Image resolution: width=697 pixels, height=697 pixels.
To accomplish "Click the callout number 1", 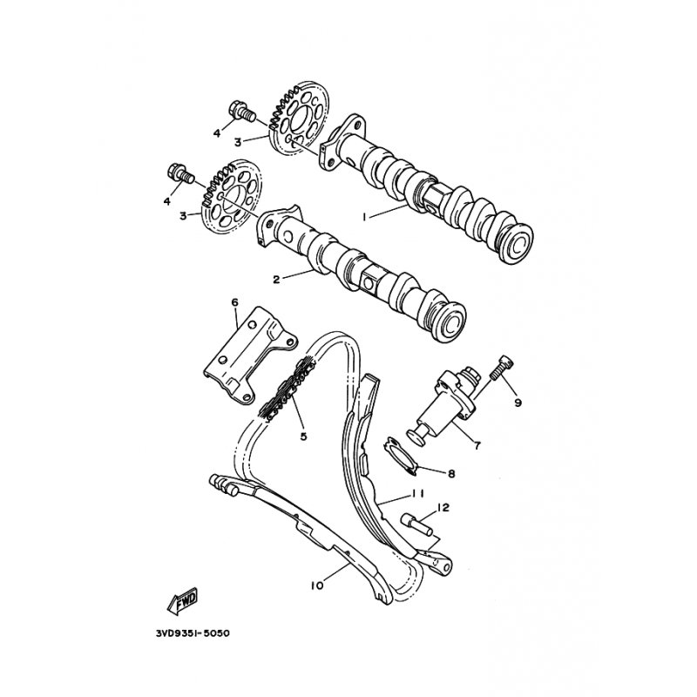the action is [x=364, y=217].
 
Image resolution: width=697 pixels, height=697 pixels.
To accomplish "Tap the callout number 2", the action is [x=276, y=280].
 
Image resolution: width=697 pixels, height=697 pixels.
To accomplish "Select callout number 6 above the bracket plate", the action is [x=234, y=302].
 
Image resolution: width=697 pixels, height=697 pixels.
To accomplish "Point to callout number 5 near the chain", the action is [x=303, y=436].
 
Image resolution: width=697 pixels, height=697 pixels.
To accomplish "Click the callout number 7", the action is [x=477, y=445].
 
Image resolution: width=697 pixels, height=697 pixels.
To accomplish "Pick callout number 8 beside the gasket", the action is [x=451, y=474].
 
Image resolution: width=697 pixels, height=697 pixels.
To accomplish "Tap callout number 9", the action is [x=518, y=403].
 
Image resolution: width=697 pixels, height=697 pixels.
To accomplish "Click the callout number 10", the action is [x=317, y=585].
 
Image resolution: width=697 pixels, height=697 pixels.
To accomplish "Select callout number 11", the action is [x=417, y=493].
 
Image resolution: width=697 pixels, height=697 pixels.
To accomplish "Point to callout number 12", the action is [x=443, y=507].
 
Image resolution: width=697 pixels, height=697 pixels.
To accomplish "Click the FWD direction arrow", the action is [x=182, y=602].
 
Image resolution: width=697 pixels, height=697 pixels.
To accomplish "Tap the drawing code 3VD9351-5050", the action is [x=193, y=633].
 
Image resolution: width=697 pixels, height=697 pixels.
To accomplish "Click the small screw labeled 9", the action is [x=501, y=368].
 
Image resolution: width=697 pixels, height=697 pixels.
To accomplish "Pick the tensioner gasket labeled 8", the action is [x=401, y=456].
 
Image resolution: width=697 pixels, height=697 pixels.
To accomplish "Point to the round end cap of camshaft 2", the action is [x=450, y=319].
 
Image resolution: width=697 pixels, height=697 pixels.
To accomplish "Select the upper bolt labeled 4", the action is [x=241, y=113].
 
